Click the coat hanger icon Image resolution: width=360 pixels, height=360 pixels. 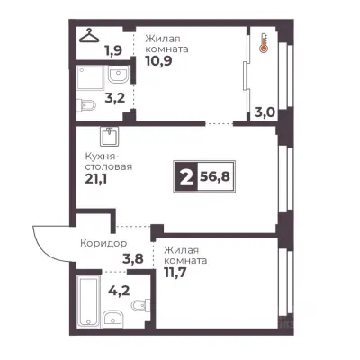coord(89,36)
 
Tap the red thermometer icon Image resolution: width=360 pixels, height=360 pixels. coord(264,44)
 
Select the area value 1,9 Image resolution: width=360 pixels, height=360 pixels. coord(113,50)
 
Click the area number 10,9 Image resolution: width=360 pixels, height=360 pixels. coord(158,60)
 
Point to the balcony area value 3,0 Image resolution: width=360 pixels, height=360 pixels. coord(265,113)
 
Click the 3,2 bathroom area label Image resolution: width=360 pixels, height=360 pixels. coord(115,98)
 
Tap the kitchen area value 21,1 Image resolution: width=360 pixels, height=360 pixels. coord(96,179)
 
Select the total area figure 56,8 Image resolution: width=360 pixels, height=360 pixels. coord(215,176)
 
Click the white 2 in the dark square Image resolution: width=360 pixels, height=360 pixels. coord(186,176)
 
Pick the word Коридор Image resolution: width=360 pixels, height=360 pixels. coord(103,243)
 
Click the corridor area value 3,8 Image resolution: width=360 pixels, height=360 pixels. coord(133,258)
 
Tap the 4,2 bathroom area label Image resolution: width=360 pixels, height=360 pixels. coord(120,290)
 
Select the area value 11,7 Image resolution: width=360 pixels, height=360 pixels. coord(177,273)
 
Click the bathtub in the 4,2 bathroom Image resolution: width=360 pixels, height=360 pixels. coord(88,301)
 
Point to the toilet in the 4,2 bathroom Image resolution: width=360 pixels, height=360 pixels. coord(141,304)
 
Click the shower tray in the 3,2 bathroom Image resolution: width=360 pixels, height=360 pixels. coord(90,77)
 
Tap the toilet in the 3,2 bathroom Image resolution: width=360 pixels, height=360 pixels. coord(86,105)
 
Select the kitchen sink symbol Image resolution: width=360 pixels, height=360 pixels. coord(109,137)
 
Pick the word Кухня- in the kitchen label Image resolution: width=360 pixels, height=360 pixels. coord(103,157)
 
